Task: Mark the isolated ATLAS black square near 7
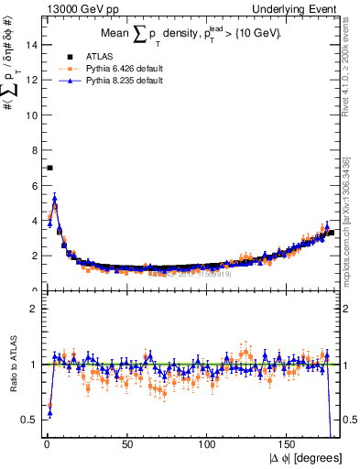coord(49,168)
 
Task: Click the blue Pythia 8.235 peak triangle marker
coord(55,198)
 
